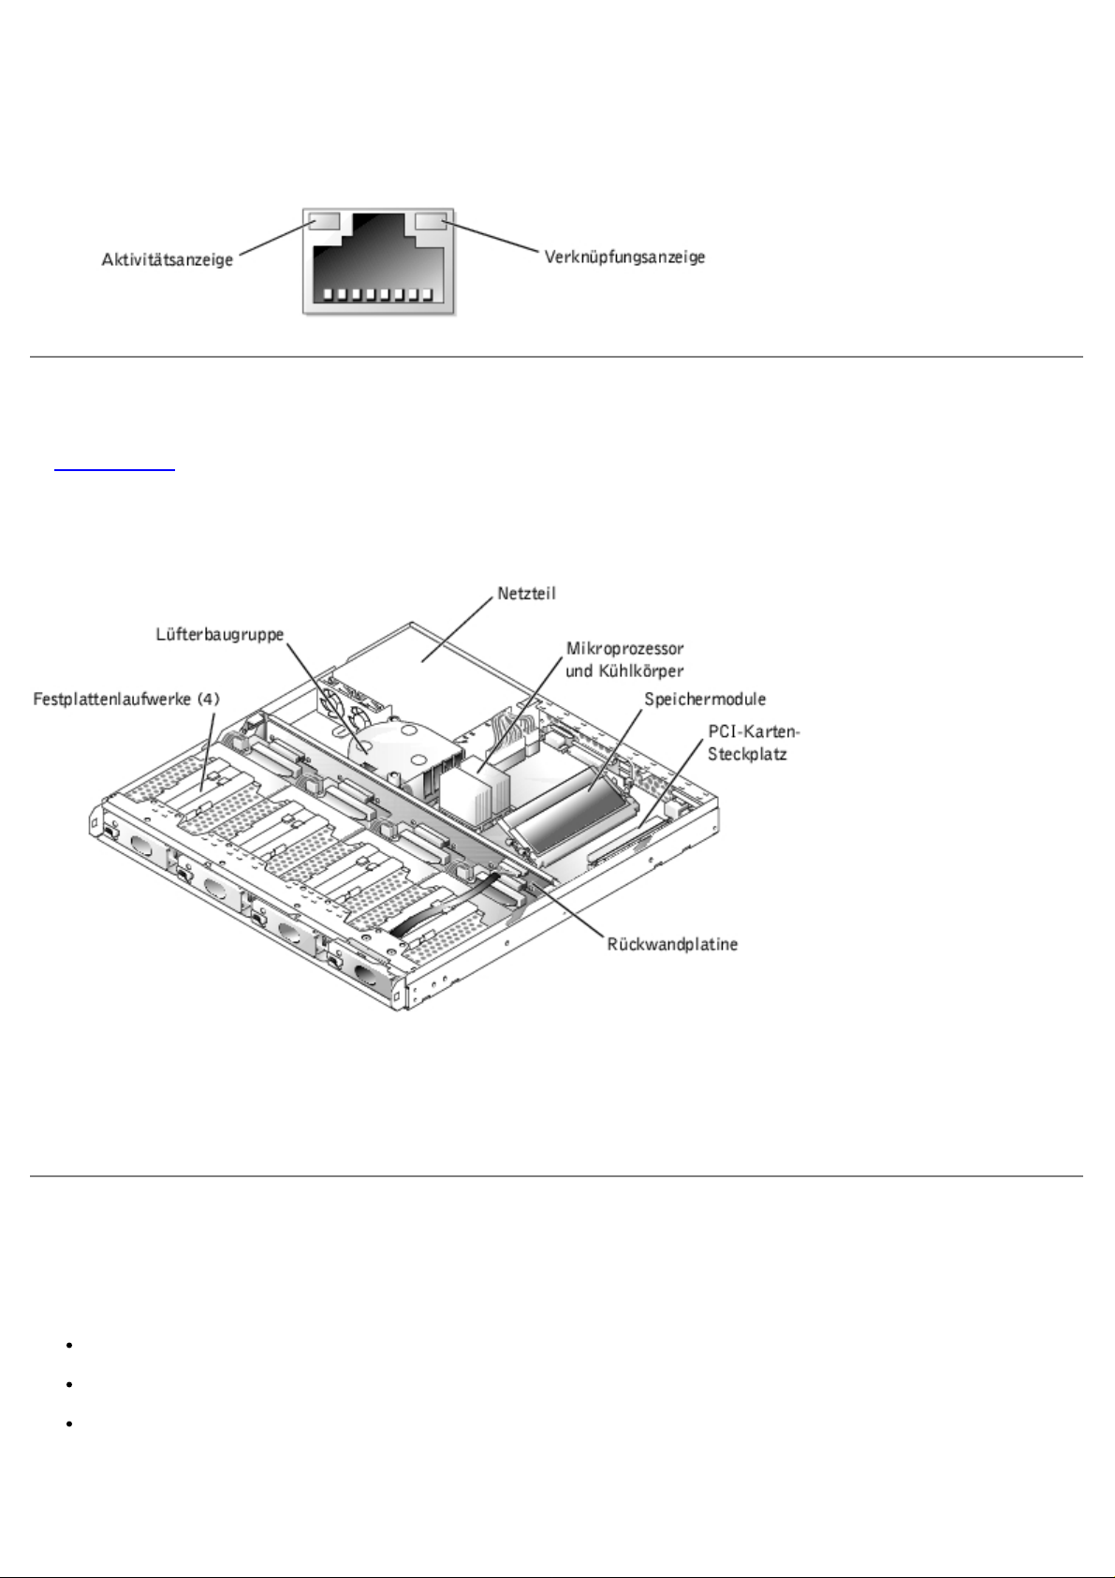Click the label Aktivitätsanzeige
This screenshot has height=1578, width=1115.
(168, 259)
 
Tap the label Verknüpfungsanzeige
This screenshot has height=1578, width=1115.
(624, 257)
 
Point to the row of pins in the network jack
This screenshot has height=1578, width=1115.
(378, 295)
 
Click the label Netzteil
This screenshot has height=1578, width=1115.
(526, 594)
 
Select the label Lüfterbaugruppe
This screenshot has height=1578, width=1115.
(219, 635)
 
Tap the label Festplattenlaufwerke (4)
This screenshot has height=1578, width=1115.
(126, 700)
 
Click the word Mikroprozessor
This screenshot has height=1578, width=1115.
(624, 648)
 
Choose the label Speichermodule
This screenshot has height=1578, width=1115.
(705, 700)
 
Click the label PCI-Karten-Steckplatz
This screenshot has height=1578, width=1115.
(754, 743)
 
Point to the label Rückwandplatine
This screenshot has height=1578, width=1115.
(672, 944)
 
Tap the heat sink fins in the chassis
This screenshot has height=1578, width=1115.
(474, 785)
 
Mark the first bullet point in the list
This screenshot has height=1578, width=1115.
(69, 1345)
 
